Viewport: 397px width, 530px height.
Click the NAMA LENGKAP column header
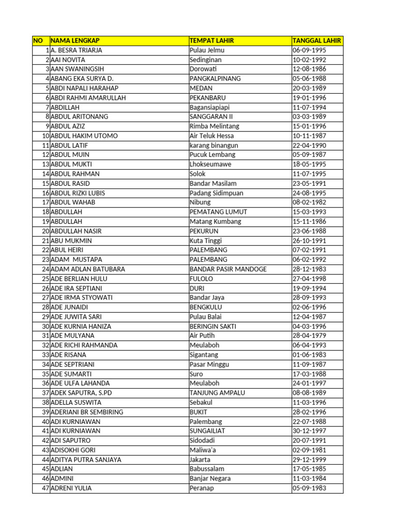point(75,41)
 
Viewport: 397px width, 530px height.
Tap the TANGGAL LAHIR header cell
point(316,41)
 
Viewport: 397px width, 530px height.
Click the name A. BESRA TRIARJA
point(77,50)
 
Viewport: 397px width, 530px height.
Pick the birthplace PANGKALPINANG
point(215,79)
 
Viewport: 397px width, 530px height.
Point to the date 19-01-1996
point(309,98)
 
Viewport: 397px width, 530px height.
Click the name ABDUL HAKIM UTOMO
point(84,136)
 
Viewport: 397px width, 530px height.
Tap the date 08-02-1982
point(309,202)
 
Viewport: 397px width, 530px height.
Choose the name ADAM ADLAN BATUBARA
point(88,269)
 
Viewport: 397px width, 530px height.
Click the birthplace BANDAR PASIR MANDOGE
point(228,269)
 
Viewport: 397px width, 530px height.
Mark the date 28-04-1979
point(309,335)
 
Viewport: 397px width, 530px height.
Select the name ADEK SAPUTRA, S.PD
point(81,392)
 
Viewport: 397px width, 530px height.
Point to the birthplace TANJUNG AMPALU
point(217,392)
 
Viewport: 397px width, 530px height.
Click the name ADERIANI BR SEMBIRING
point(87,411)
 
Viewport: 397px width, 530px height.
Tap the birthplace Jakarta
point(200,459)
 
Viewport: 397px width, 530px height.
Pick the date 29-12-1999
point(309,459)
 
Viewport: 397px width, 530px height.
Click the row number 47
point(45,488)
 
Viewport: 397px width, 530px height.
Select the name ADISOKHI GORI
point(73,450)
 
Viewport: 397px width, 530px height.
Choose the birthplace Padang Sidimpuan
point(216,193)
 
